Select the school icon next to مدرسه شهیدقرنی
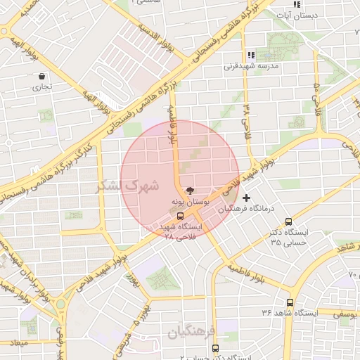251,55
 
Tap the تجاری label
37,89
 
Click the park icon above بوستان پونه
190,190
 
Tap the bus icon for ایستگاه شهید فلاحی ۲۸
180,216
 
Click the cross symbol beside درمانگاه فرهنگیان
245,198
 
